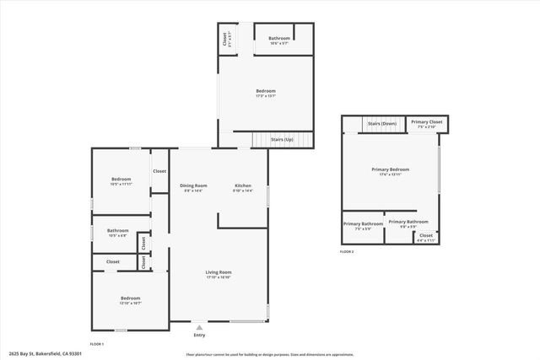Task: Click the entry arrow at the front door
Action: [199, 326]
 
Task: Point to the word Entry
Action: [199, 334]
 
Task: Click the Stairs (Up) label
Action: [282, 139]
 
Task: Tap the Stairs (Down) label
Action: [382, 124]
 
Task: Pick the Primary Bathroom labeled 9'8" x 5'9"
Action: [408, 223]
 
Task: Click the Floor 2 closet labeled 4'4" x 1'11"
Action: [426, 237]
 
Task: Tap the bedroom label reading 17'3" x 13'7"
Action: [266, 93]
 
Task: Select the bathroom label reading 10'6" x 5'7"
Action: [279, 40]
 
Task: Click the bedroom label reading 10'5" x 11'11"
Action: [121, 180]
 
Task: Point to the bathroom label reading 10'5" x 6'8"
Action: [118, 233]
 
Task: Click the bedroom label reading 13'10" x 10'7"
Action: [130, 300]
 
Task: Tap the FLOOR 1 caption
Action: [97, 344]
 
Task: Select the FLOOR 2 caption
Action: [347, 251]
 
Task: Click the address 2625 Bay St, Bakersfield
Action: [46, 354]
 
